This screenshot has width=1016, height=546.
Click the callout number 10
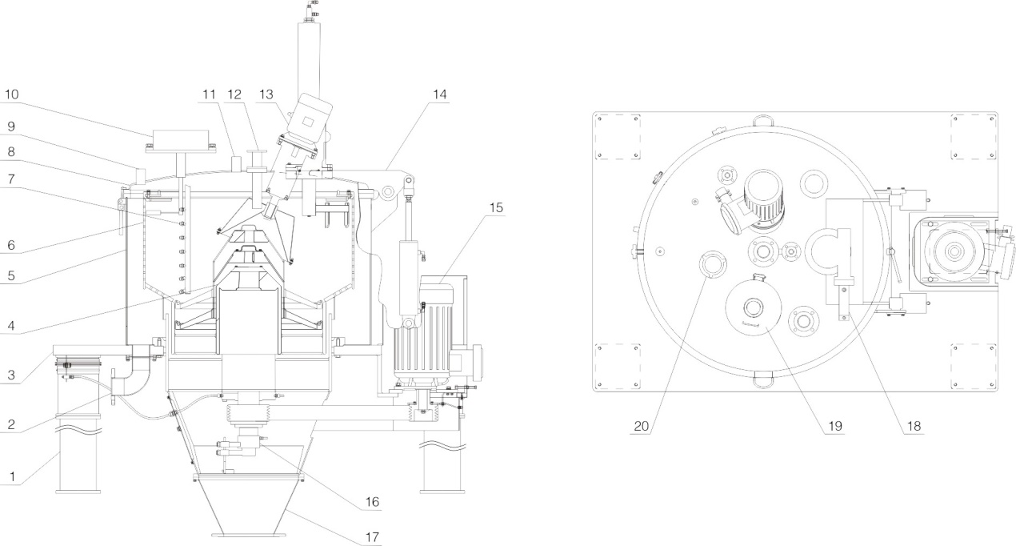click(11, 94)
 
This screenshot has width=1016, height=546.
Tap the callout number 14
click(440, 94)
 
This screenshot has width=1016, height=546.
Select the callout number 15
click(497, 207)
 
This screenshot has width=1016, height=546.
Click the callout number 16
click(371, 504)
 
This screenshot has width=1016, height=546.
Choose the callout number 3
click(11, 375)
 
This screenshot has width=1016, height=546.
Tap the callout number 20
click(641, 426)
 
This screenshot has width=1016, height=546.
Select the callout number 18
click(913, 426)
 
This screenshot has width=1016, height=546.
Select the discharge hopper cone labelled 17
click(250, 504)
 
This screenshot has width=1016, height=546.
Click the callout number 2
click(11, 424)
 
